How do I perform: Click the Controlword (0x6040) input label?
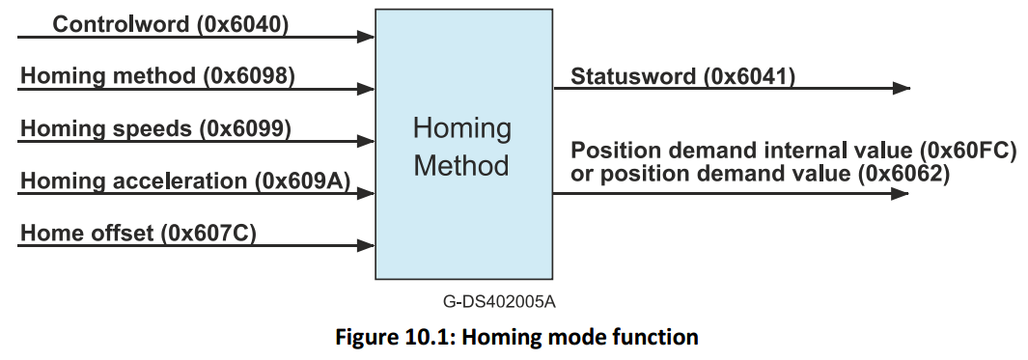pos(170,24)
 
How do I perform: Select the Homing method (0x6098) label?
pos(157,75)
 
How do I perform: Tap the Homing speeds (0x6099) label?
pos(155,127)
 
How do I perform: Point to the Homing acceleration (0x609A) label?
pos(185,180)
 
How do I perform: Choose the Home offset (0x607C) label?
pos(138,233)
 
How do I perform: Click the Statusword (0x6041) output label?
pos(683,76)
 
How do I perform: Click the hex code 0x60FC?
pos(966,152)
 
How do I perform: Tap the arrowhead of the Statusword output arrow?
pos(901,89)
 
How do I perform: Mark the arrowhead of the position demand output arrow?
pos(901,194)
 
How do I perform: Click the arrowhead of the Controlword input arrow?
pos(366,38)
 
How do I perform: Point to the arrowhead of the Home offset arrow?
pos(366,246)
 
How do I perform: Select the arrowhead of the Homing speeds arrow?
pos(366,141)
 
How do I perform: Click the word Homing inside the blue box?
pos(462,129)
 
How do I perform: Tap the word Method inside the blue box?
pos(461,165)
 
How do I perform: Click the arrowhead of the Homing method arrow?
pos(366,89)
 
